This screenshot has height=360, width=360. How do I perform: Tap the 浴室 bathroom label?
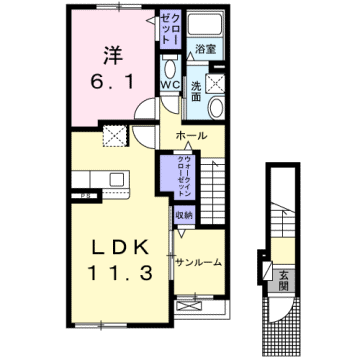click(207, 49)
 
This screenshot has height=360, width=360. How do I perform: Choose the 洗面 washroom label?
click(198, 91)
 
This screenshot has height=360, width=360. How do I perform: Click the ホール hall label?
click(191, 135)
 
